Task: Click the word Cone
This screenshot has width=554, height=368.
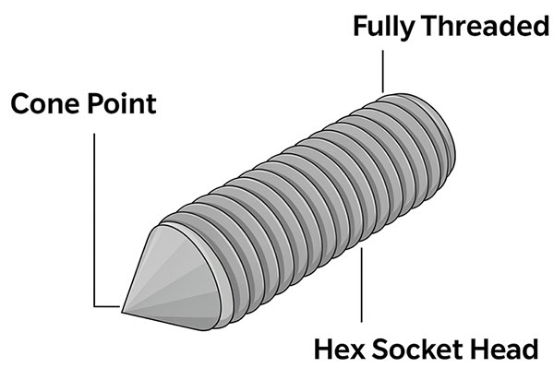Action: click(45, 103)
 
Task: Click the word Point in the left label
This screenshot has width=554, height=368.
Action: click(122, 103)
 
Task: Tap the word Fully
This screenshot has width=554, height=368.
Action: click(384, 28)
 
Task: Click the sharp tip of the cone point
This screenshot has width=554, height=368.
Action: click(122, 312)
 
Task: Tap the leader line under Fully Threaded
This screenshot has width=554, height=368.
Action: click(382, 71)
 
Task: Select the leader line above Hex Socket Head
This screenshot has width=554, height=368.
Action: click(361, 285)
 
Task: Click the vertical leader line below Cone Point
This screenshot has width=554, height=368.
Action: click(94, 220)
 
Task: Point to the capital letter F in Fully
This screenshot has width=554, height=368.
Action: click(360, 26)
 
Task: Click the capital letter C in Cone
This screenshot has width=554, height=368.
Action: click(20, 103)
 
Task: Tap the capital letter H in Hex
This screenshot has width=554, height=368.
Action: click(324, 350)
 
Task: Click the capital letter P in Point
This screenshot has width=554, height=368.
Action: click(96, 103)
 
